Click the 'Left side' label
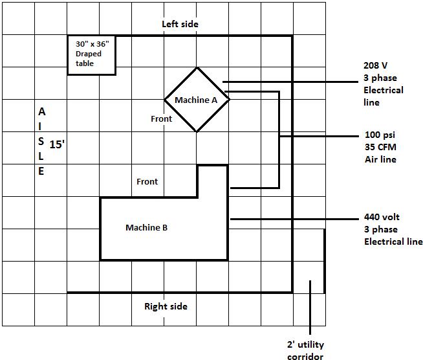[180, 24]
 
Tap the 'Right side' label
[166, 306]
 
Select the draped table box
[92, 55]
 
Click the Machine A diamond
[197, 100]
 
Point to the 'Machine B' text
[146, 227]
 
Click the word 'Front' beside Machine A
[161, 118]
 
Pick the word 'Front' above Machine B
[147, 181]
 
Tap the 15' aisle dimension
[58, 144]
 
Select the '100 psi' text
[380, 135]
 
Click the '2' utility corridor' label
[305, 350]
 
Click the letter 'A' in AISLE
[41, 111]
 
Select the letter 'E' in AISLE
[41, 172]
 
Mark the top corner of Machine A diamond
[197, 68]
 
